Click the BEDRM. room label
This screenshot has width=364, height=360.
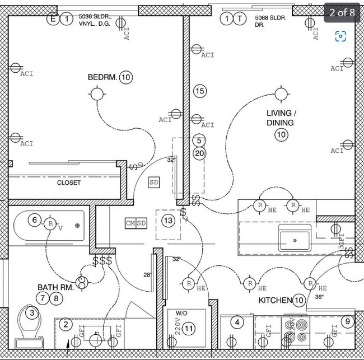[102, 77]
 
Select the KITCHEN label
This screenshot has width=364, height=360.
[274, 301]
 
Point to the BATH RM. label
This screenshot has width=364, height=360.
[55, 287]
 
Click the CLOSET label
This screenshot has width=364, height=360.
[68, 183]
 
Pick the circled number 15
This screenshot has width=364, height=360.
[200, 91]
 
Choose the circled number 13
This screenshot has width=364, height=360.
[168, 221]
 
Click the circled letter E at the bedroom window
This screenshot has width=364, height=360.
[54, 20]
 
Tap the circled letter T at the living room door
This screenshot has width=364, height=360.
[240, 20]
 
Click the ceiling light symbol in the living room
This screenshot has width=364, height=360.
[281, 93]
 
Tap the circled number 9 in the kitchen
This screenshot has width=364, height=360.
[348, 322]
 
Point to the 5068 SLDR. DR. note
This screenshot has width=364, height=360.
[270, 22]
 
